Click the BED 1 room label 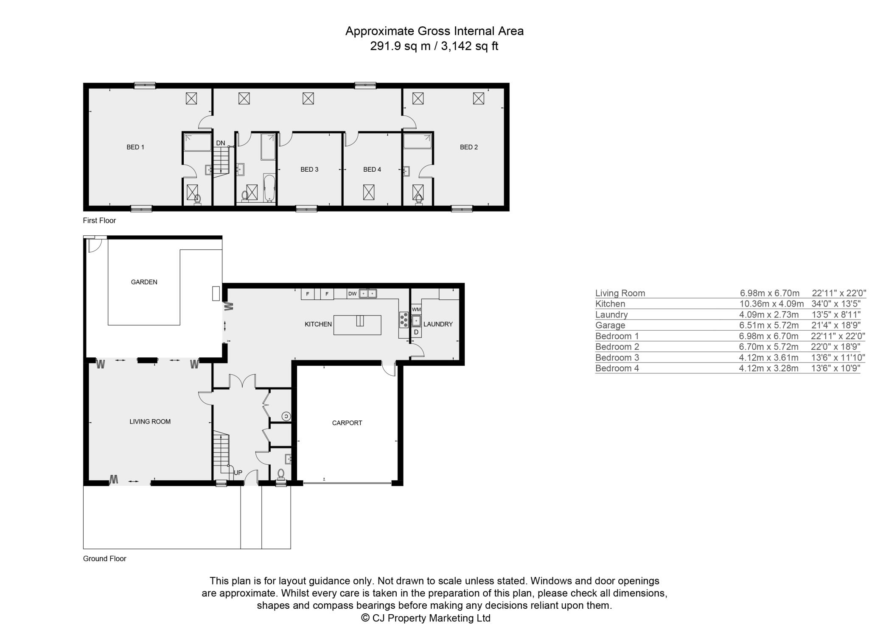[x=135, y=147]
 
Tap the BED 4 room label [x=372, y=170]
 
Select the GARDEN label [x=144, y=282]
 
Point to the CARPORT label [x=347, y=423]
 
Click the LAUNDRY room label [x=438, y=324]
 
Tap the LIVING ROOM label [x=150, y=421]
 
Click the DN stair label [x=221, y=143]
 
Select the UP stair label [x=238, y=473]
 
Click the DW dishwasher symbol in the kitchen [x=353, y=293]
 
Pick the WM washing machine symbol [x=416, y=309]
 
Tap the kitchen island [x=357, y=325]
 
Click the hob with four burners [x=404, y=320]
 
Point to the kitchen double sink [x=368, y=293]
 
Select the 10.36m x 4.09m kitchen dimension [x=771, y=304]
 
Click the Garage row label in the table [x=610, y=325]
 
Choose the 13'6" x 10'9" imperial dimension [x=835, y=368]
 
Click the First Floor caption [x=99, y=220]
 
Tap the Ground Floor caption [x=105, y=559]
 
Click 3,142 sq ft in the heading [x=470, y=46]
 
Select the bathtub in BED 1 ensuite [x=197, y=142]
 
